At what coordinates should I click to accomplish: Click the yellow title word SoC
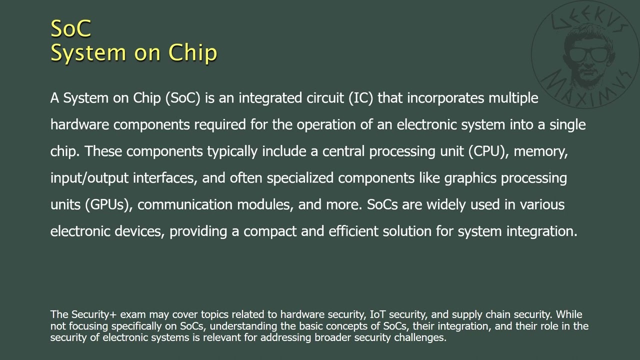[x=71, y=28]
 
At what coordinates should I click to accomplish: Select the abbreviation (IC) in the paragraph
[x=361, y=98]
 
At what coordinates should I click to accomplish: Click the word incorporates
[x=445, y=98]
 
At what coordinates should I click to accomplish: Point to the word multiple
[x=513, y=98]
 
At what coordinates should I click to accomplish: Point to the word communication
[x=185, y=205]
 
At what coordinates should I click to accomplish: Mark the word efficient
[x=353, y=231]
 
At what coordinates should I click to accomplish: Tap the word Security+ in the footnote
[x=94, y=314]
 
